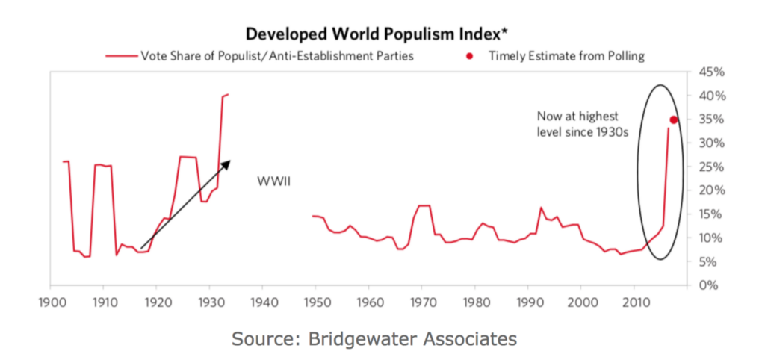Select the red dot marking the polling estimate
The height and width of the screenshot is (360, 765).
coord(674,120)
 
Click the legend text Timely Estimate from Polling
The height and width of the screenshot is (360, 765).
coord(567,55)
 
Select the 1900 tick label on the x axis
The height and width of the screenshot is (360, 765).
coord(50,302)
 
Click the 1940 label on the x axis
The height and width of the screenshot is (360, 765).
coord(263,302)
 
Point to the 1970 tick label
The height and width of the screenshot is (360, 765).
coord(422,302)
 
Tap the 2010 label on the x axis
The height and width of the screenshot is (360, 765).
coord(634,302)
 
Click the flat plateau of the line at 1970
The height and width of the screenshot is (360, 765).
coord(424,205)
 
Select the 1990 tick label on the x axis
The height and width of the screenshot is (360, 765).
coord(528,302)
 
